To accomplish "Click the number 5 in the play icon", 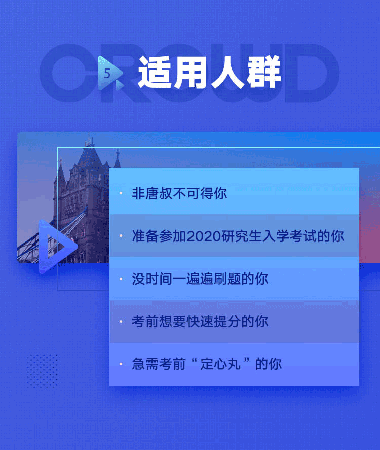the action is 107,74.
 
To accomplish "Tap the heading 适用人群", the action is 209,73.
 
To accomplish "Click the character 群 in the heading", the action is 263,73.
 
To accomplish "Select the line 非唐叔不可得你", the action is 179,193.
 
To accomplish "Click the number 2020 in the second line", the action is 204,236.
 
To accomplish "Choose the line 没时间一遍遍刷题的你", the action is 200,279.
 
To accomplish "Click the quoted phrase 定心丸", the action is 220,364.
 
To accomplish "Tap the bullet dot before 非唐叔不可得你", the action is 121,193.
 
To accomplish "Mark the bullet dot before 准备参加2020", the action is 121,236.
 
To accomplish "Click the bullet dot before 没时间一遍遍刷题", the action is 121,279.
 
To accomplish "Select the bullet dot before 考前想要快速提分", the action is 121,322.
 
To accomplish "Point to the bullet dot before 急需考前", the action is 121,364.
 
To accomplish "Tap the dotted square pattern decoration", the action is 43,371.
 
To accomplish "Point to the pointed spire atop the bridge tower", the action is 89,140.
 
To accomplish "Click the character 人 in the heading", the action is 228,73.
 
